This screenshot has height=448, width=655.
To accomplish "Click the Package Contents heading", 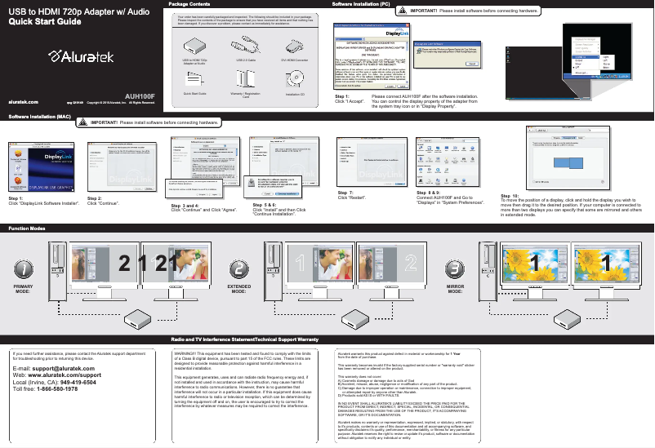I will pos(189,4).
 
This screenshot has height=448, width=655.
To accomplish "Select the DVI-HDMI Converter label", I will pos(294,61).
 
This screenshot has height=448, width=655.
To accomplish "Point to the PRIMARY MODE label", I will pos(25,292).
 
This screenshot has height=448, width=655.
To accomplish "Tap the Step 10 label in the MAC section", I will pos(511,197).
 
